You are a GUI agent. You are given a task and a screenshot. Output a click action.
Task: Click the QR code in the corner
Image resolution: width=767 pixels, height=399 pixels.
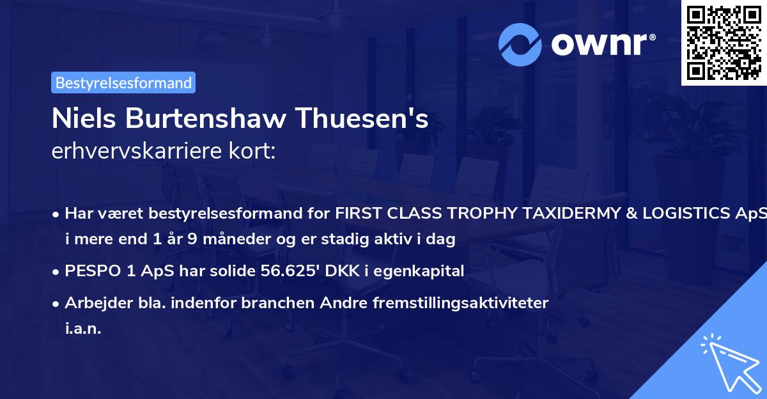coord(724,42)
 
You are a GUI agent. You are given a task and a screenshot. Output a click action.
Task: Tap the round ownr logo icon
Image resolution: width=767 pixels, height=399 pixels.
coord(520,45)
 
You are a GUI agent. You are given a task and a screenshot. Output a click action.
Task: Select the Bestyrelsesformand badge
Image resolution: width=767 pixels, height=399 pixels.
coord(123,82)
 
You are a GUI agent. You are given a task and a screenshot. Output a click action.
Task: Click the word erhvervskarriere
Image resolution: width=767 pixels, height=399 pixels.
coord(139,151)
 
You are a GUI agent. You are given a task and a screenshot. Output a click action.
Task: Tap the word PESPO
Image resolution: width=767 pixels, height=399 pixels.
coord(89,270)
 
